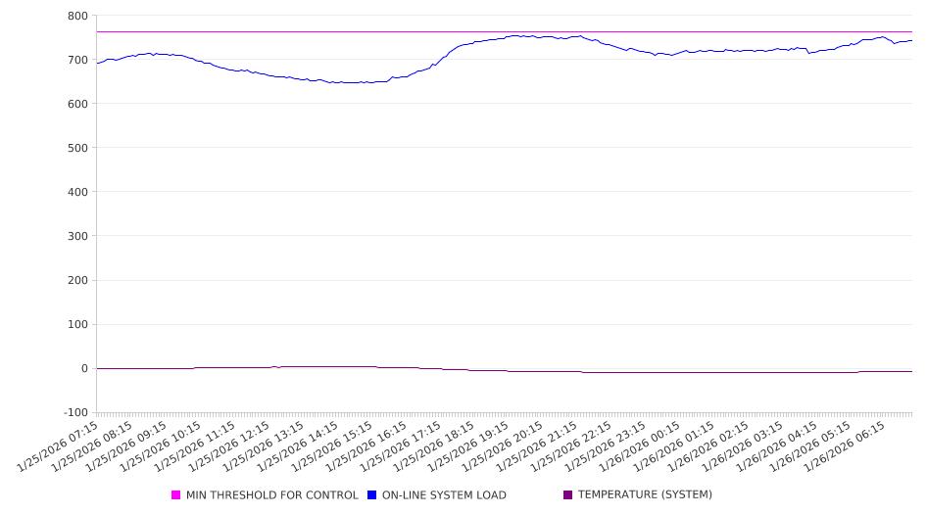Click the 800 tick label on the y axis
[x=77, y=16]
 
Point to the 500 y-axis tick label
[x=77, y=148]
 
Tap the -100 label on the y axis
[x=73, y=412]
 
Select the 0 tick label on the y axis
[x=83, y=368]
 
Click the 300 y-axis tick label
[x=77, y=236]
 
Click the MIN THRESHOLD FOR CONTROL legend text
[x=271, y=495]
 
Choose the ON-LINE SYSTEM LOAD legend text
[x=444, y=495]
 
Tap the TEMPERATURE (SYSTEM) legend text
[x=645, y=495]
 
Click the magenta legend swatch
[x=176, y=495]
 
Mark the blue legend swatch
[x=372, y=495]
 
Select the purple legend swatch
[x=568, y=495]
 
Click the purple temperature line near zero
[x=490, y=371]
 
